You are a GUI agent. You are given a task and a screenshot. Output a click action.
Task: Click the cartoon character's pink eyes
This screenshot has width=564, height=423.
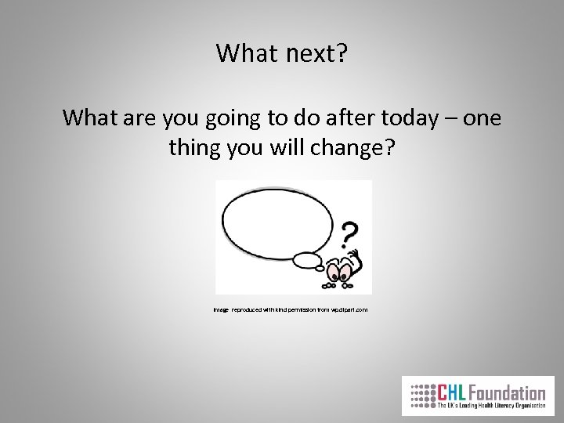pos(342,271)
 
